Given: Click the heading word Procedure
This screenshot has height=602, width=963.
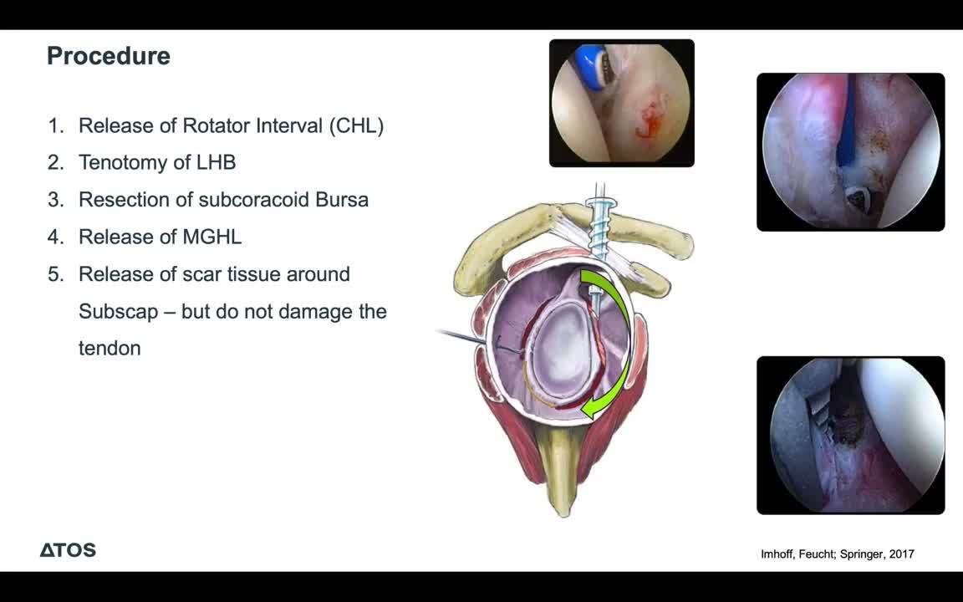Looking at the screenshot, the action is click(109, 56).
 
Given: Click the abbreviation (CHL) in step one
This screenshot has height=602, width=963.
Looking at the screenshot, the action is click(356, 126).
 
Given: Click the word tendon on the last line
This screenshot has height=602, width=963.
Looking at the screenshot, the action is click(110, 349).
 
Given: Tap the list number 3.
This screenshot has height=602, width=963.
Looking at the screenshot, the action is click(55, 200).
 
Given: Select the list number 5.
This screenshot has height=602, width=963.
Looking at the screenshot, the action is click(55, 274).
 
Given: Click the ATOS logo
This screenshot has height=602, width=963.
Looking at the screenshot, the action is click(69, 550).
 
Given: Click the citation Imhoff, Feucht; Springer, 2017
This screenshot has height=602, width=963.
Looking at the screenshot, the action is click(837, 554).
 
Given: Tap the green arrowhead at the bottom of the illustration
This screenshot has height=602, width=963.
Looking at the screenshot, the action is click(592, 406).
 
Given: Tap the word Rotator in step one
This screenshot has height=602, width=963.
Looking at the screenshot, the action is click(216, 126).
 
